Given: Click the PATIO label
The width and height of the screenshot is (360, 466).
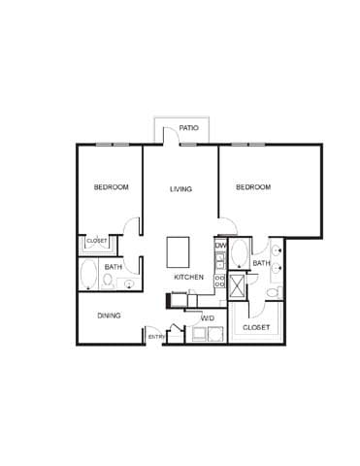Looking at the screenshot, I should tap(188, 128).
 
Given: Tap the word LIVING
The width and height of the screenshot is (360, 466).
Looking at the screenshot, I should tap(180, 188).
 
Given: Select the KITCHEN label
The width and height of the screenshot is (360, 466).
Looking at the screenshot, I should tap(189, 278).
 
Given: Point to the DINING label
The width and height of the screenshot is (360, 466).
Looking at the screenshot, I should tap(109, 316).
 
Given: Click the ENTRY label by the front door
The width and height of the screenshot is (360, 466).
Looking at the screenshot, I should tap(155, 337).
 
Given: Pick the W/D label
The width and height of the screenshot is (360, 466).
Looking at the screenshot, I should tap(208, 318).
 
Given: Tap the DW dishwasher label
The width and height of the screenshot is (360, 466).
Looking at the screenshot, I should tap(220, 246).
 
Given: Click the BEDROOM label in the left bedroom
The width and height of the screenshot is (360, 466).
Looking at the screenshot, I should tap(111, 187).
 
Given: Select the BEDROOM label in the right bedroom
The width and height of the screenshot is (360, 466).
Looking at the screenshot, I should tap(252, 187).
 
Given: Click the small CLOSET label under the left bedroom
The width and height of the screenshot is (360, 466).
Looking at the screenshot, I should tap(97, 241).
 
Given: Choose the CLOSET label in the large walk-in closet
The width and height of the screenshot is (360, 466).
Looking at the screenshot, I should tap(256, 328).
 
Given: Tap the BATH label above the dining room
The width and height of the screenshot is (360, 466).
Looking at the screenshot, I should tap(114, 267).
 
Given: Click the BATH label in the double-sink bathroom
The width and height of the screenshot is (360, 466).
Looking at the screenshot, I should tap(261, 263).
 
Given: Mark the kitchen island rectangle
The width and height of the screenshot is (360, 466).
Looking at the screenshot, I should tap(180, 252).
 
